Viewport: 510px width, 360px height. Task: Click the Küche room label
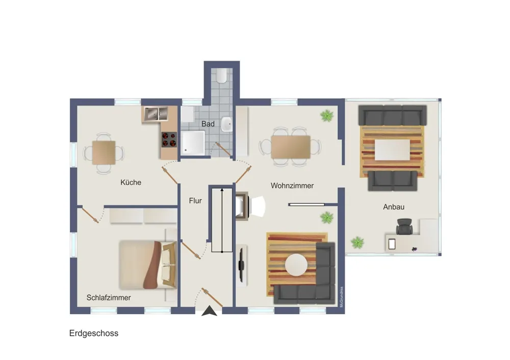131,183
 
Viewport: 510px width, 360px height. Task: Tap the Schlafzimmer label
109,298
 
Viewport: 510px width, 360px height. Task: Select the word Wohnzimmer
292,186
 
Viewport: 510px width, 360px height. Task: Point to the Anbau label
394,207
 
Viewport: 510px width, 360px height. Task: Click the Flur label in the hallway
195,201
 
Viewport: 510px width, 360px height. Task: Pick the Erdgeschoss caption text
94,333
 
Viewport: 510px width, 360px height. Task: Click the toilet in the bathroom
222,75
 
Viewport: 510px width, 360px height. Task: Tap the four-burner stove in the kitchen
169,140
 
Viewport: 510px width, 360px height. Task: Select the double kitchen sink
156,114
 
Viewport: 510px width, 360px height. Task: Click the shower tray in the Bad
193,143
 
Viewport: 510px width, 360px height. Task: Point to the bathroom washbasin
226,124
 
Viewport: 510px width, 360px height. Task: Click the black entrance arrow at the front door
209,311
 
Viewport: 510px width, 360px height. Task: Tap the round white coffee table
296,265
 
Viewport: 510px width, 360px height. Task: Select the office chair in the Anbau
404,226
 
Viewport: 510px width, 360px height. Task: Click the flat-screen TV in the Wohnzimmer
241,265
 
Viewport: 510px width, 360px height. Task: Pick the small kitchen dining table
104,152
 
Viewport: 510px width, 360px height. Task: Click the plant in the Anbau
357,242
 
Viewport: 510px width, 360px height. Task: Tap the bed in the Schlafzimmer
148,265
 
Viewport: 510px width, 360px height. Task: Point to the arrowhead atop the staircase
222,190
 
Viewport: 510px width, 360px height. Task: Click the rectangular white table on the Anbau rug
392,149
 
